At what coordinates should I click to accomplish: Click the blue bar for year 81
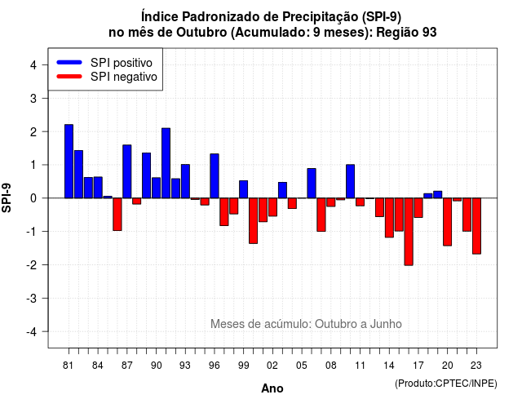pos(69,162)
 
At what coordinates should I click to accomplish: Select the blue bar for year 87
pos(127,171)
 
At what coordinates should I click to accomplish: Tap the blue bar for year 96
pos(215,176)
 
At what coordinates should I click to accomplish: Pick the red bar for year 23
pos(476,226)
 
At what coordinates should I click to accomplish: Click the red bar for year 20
pos(448,222)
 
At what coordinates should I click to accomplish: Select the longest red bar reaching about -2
pos(409,232)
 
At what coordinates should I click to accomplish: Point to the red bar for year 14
pos(389,218)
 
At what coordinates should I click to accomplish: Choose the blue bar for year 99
pos(243,189)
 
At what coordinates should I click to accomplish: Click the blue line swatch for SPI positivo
pos(69,62)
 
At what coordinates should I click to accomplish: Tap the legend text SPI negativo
pos(124,77)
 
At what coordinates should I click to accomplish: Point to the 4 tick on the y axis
pos(44,64)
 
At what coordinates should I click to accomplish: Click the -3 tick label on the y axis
pos(32,299)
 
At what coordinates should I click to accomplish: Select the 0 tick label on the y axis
pos(33,198)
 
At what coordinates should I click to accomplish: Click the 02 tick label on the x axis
pos(272,366)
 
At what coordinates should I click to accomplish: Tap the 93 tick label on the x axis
pos(185,366)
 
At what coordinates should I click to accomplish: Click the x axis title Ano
pos(272,388)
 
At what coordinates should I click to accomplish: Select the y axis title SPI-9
pos(7,197)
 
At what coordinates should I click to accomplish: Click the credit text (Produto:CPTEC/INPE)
pos(446,384)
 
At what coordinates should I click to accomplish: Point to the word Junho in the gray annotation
pos(386,324)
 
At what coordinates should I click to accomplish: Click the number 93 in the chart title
pos(430,33)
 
